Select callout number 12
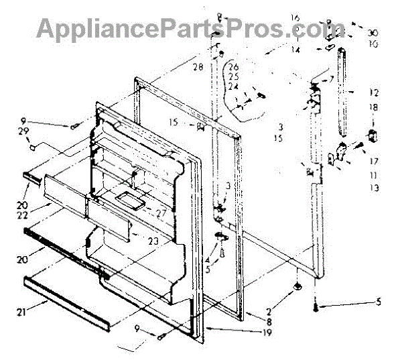coord(374,93)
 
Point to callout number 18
coord(374,107)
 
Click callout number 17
coord(374,161)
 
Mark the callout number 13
coord(374,188)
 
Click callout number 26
coord(234,66)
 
